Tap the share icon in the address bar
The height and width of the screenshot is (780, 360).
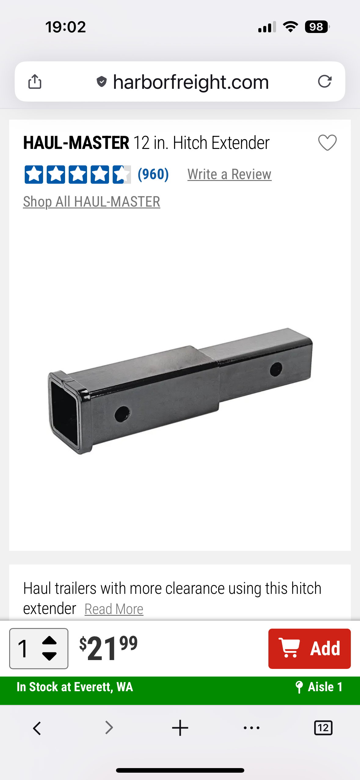pyautogui.click(x=35, y=81)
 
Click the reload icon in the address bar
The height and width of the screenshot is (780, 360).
pyautogui.click(x=325, y=81)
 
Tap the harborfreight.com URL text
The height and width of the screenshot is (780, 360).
pyautogui.click(x=191, y=82)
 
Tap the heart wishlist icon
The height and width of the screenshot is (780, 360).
pyautogui.click(x=327, y=143)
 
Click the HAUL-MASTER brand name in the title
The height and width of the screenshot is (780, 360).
pyautogui.click(x=76, y=143)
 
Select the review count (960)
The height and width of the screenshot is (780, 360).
pyautogui.click(x=153, y=174)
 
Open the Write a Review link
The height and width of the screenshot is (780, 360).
pyautogui.click(x=229, y=174)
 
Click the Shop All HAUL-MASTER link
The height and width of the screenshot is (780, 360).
pyautogui.click(x=92, y=202)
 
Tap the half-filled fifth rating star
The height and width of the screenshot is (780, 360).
pyautogui.click(x=122, y=175)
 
